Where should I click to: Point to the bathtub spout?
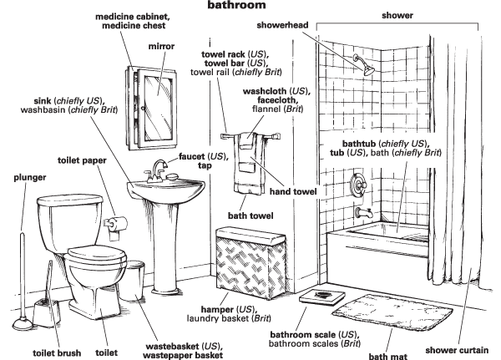[x=362, y=213]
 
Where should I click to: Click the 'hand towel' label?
[x=292, y=192]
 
